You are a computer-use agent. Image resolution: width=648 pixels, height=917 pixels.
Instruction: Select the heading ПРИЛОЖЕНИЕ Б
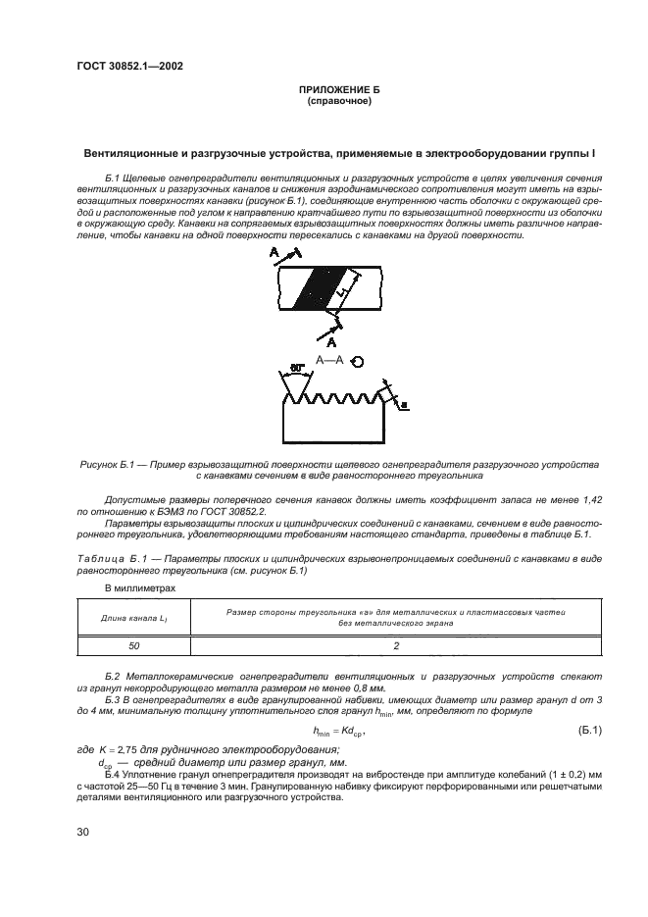tap(338, 89)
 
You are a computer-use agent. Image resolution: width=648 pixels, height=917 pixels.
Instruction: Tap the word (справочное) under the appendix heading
tap(338, 100)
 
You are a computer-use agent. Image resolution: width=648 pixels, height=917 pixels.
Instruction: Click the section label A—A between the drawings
tap(329, 362)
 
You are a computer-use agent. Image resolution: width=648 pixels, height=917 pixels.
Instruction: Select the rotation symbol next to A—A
tap(358, 362)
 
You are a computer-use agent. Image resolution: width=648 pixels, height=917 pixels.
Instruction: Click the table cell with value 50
tap(133, 647)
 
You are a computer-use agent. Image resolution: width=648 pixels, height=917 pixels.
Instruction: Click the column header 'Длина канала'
tap(133, 617)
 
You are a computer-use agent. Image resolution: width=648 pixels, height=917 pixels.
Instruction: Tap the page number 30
tap(83, 832)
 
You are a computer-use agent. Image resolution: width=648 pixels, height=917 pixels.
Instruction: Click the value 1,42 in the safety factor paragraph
tap(590, 499)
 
